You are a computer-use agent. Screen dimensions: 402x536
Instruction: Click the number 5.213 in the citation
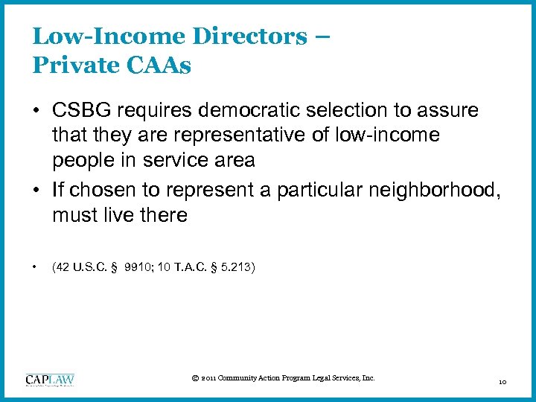(234, 266)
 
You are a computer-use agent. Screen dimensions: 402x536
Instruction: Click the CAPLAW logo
(50, 380)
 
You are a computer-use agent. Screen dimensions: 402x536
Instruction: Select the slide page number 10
(502, 382)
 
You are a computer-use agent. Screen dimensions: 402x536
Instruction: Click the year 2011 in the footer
(209, 379)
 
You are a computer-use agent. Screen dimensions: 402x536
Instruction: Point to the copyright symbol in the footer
(195, 379)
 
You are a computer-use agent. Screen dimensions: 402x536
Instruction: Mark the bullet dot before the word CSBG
(36, 111)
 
